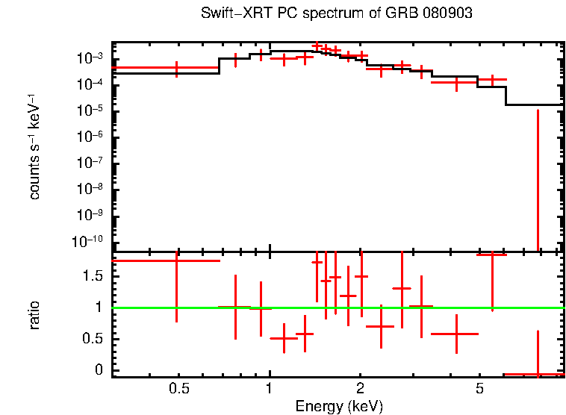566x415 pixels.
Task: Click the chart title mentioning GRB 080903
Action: [337, 14]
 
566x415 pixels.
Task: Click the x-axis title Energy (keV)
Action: [339, 406]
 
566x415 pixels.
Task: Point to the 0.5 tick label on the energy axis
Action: [178, 389]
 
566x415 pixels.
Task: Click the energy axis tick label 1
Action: [270, 389]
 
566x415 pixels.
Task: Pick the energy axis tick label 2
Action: [360, 389]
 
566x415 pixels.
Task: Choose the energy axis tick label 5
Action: [479, 389]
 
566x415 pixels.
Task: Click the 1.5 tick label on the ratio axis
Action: [94, 276]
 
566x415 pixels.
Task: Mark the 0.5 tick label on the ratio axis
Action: [94, 339]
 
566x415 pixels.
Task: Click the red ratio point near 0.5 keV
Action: [176, 260]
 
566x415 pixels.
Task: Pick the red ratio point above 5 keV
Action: [492, 255]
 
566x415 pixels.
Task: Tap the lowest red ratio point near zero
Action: [538, 374]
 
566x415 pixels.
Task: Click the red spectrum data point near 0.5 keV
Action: [176, 68]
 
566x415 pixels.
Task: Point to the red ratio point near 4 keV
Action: [455, 334]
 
